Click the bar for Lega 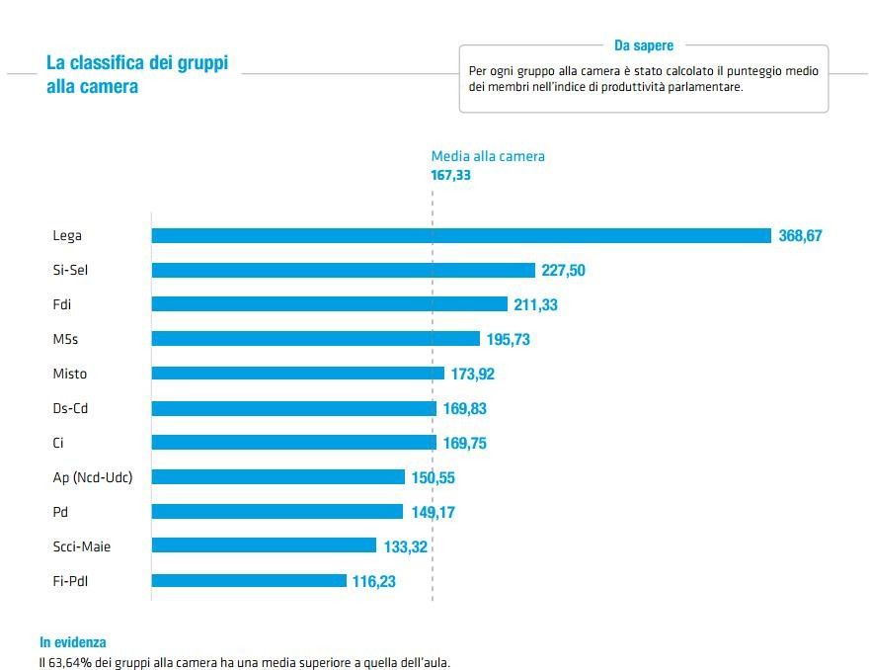click(461, 235)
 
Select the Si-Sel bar click(343, 270)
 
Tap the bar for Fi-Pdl click(249, 581)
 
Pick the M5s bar click(315, 339)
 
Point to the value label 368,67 click(800, 236)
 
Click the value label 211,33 click(535, 305)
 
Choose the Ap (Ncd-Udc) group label click(92, 478)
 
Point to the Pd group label click(61, 513)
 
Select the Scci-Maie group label click(81, 546)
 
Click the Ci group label click(58, 444)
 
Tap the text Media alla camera click(488, 156)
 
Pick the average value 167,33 click(451, 175)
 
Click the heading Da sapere click(644, 45)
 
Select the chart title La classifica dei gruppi click(137, 63)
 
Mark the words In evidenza click(73, 642)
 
